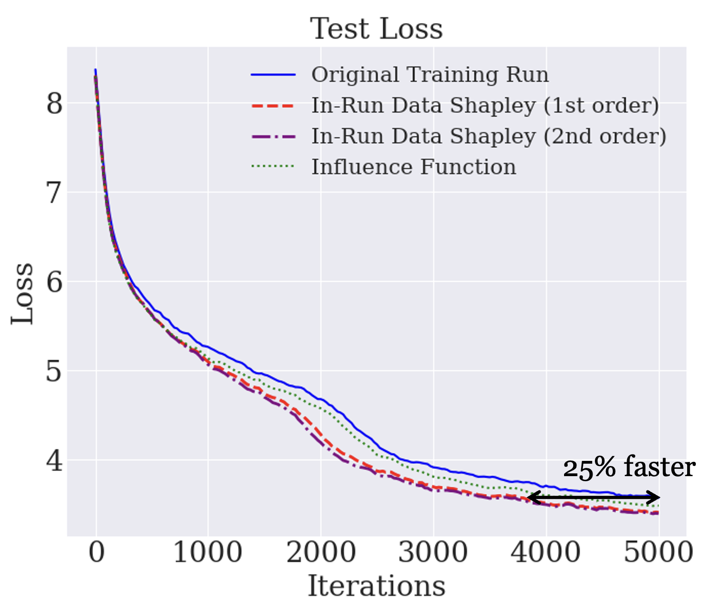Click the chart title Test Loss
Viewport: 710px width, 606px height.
click(376, 29)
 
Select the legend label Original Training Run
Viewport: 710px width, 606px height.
click(430, 75)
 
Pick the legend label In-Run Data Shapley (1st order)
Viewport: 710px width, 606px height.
click(485, 105)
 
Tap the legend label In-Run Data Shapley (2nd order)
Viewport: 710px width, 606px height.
click(489, 136)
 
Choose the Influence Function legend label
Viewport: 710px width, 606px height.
click(413, 167)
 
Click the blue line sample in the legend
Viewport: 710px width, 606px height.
click(273, 75)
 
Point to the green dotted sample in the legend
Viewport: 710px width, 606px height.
click(273, 166)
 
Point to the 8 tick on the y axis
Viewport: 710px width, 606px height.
click(54, 103)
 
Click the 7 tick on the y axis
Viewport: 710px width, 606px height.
click(54, 192)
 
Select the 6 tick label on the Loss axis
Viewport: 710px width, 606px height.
click(54, 281)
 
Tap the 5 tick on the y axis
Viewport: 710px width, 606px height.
click(54, 371)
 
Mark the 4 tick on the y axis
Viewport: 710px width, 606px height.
click(54, 460)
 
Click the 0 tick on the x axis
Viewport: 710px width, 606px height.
click(96, 552)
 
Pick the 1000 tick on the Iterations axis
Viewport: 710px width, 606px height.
click(208, 552)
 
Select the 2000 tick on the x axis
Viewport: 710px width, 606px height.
click(321, 552)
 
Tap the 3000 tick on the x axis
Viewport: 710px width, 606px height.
click(433, 552)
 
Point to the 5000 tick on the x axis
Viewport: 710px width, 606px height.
click(658, 552)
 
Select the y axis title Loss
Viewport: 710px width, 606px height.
click(23, 294)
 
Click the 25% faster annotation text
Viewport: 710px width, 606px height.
click(629, 467)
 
